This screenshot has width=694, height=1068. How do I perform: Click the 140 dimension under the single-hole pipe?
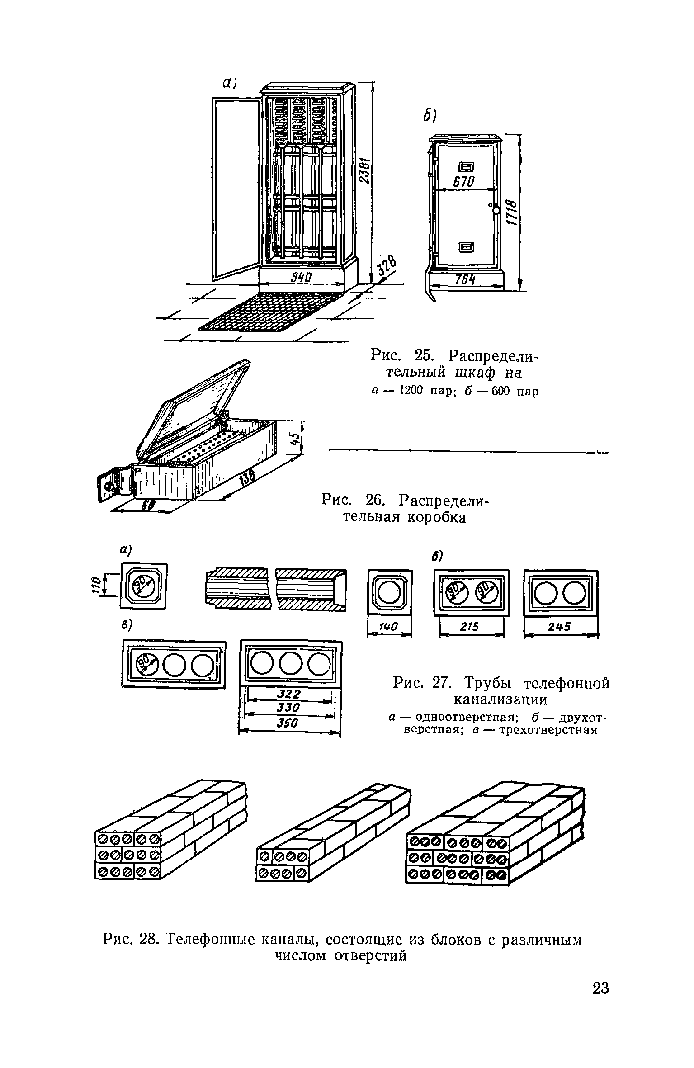pos(389,627)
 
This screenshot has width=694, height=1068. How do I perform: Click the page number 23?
pos(600,1001)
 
